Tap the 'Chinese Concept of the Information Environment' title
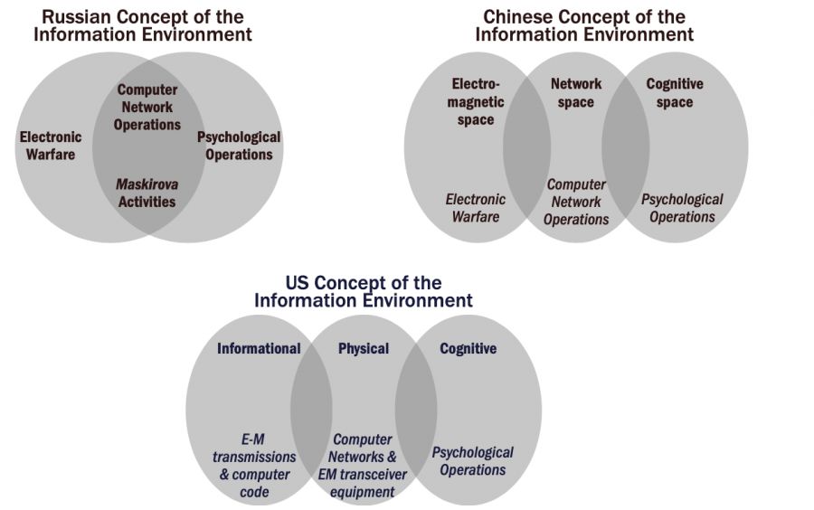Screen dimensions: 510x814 [x=584, y=26]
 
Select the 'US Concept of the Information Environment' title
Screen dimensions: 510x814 [x=364, y=291]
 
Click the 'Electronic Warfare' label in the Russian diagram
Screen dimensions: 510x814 [x=51, y=146]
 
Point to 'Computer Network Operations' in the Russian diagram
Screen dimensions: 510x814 [x=147, y=107]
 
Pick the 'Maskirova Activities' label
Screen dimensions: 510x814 [x=147, y=193]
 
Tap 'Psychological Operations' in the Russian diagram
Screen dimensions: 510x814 [x=239, y=146]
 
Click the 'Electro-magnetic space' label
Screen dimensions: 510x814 [x=476, y=101]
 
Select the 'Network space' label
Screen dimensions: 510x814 [x=576, y=92]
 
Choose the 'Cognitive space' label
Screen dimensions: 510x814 [x=675, y=92]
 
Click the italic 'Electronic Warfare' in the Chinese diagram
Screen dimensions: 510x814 [x=476, y=208]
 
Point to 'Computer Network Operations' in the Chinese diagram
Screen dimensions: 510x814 [x=576, y=202]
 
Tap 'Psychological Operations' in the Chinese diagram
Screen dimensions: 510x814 [x=682, y=208]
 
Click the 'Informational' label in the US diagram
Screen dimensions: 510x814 [x=259, y=348]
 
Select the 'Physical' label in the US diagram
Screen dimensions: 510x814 [x=364, y=348]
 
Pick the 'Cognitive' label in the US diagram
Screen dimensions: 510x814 [x=468, y=348]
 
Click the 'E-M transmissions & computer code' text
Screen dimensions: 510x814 [x=252, y=466]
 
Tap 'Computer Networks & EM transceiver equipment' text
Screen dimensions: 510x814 [x=363, y=466]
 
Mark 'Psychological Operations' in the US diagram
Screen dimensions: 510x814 [x=472, y=460]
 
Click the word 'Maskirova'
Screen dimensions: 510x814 [x=147, y=184]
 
